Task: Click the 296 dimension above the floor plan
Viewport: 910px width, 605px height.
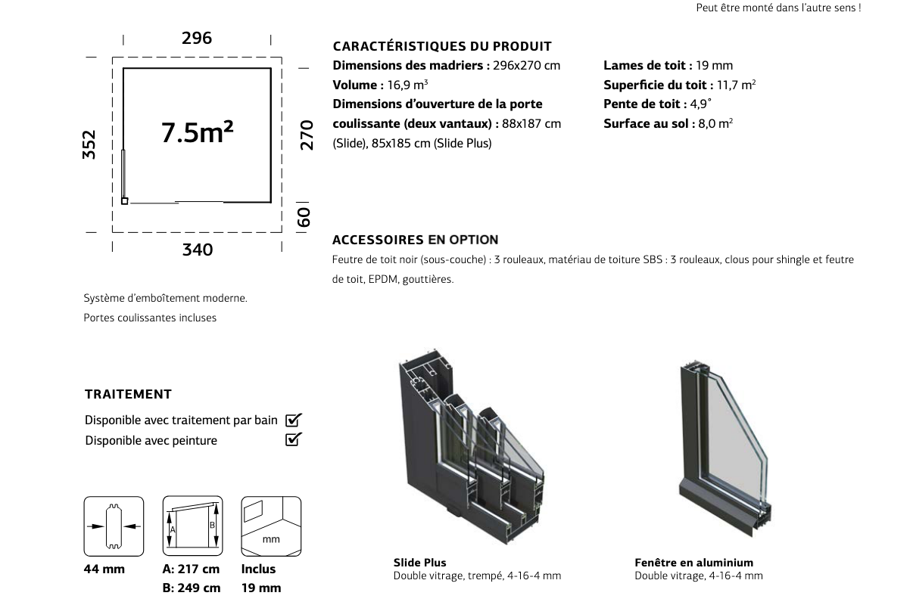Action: pyautogui.click(x=197, y=38)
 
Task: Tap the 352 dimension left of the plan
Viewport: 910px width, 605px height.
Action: pyautogui.click(x=89, y=144)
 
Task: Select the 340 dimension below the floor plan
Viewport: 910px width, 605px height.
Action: pyautogui.click(x=198, y=250)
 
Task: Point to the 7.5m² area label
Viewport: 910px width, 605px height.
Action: pyautogui.click(x=198, y=132)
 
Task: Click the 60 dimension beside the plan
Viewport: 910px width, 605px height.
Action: pyautogui.click(x=304, y=218)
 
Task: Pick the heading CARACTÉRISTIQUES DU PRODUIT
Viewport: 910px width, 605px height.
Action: pyautogui.click(x=442, y=47)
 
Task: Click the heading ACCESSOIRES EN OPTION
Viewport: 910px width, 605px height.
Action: pyautogui.click(x=416, y=240)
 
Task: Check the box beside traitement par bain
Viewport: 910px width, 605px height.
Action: pyautogui.click(x=293, y=420)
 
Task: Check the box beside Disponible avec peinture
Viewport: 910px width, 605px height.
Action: pyautogui.click(x=293, y=439)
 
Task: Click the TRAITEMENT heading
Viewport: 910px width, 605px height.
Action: pyautogui.click(x=128, y=394)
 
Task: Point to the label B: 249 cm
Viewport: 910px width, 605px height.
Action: pyautogui.click(x=192, y=588)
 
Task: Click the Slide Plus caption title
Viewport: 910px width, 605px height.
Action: pyautogui.click(x=420, y=563)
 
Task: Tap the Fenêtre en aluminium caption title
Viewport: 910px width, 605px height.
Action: pyautogui.click(x=693, y=563)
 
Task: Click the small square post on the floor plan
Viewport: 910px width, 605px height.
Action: pyautogui.click(x=125, y=201)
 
